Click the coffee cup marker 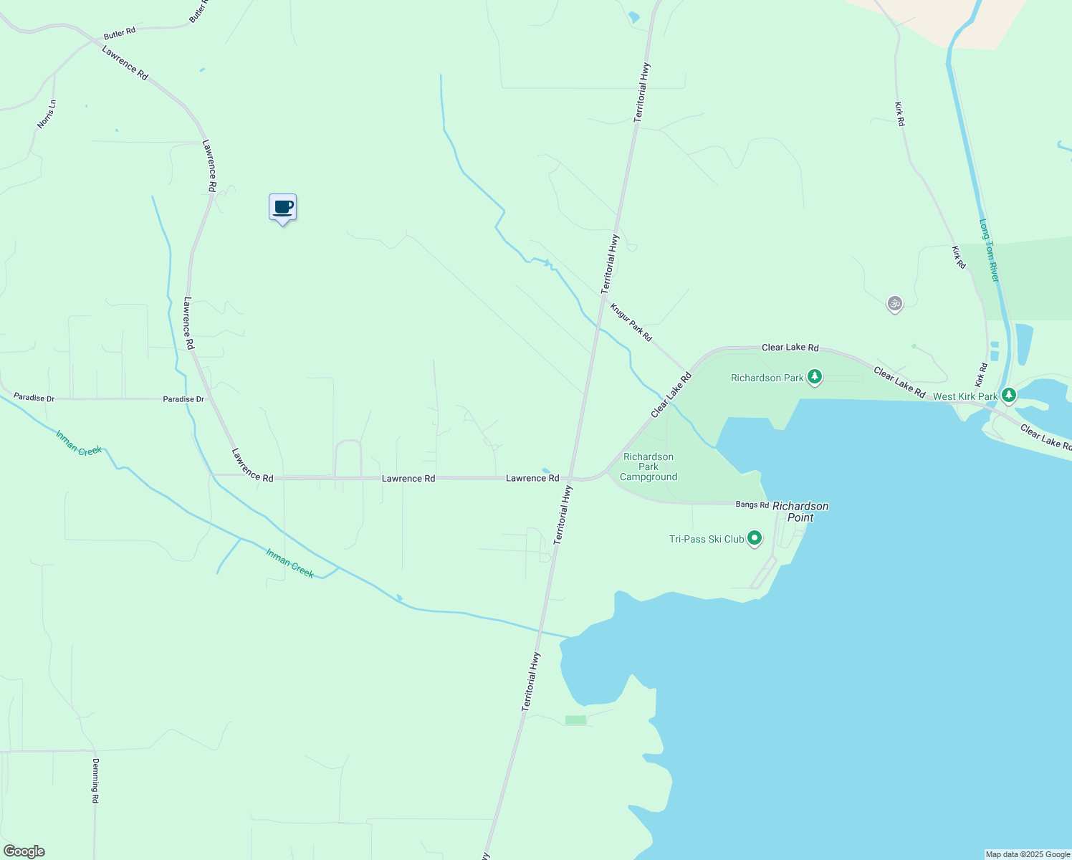[x=282, y=208]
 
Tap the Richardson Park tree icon [x=814, y=377]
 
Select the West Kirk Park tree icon [x=1009, y=396]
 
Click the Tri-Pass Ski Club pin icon [x=754, y=538]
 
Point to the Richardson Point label [x=800, y=512]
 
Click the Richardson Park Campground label [x=649, y=467]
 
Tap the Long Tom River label [x=989, y=250]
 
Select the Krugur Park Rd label [x=631, y=322]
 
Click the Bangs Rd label [x=752, y=505]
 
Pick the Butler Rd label [x=120, y=34]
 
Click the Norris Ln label [x=47, y=114]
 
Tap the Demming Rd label [x=95, y=780]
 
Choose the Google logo [x=24, y=851]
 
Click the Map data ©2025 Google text [x=1028, y=854]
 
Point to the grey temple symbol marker [x=894, y=304]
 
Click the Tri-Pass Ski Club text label [x=707, y=539]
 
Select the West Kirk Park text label [x=965, y=396]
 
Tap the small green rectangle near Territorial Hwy [x=575, y=720]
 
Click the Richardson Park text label [x=767, y=378]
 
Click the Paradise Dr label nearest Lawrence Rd [x=183, y=399]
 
